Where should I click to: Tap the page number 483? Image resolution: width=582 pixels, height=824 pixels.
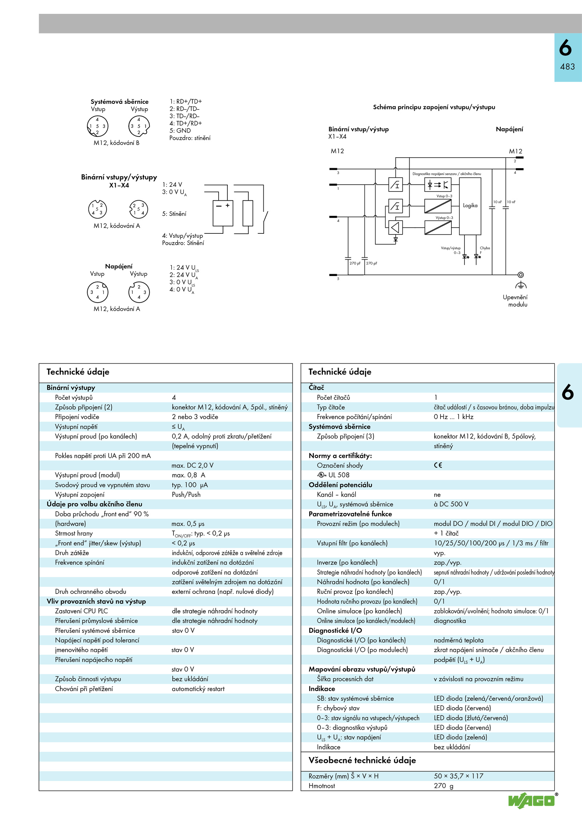(x=567, y=67)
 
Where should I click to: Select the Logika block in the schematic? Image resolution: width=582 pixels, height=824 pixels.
(x=470, y=206)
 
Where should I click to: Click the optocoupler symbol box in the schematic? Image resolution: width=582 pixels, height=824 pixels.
(x=438, y=185)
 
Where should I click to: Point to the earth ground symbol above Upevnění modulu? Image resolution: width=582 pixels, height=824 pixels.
(x=521, y=285)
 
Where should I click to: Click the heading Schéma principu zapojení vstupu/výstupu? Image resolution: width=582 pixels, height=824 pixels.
(x=434, y=107)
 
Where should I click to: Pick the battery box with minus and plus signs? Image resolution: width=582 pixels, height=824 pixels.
(x=223, y=213)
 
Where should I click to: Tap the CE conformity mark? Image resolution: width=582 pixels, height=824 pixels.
(x=438, y=465)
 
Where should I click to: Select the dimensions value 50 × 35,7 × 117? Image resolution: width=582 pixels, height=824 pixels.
(x=458, y=776)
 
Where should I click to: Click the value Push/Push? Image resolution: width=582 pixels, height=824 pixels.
(x=186, y=494)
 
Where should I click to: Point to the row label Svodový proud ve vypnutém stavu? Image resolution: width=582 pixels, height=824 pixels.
(x=102, y=485)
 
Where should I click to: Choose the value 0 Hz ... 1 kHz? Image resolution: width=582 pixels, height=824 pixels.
(x=454, y=417)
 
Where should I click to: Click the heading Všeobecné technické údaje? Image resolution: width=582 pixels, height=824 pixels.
(x=362, y=760)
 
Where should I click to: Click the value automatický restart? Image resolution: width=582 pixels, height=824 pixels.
(x=198, y=689)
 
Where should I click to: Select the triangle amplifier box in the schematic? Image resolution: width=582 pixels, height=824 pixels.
(x=395, y=228)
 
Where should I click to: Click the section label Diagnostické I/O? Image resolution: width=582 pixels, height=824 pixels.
(x=335, y=630)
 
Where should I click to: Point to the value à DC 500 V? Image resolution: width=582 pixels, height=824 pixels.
(x=451, y=504)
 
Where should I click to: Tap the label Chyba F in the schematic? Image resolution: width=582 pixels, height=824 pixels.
(x=485, y=250)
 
